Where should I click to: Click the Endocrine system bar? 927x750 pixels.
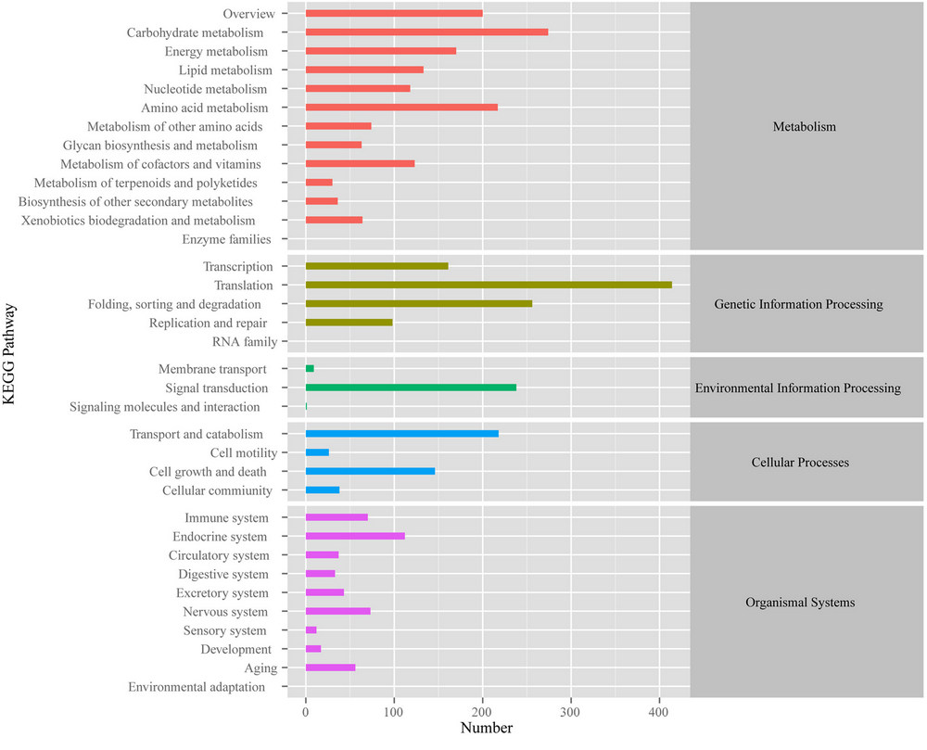(355, 537)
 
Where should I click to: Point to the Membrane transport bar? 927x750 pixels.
(311, 369)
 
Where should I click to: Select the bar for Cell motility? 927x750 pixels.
(317, 452)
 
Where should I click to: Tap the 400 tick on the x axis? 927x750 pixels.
(659, 711)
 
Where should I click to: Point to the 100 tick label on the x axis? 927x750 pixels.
(394, 711)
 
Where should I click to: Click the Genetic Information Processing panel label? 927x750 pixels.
(798, 304)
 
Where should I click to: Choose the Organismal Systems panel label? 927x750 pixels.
(799, 603)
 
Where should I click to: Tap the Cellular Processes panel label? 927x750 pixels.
(798, 462)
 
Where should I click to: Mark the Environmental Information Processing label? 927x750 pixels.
(798, 388)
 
